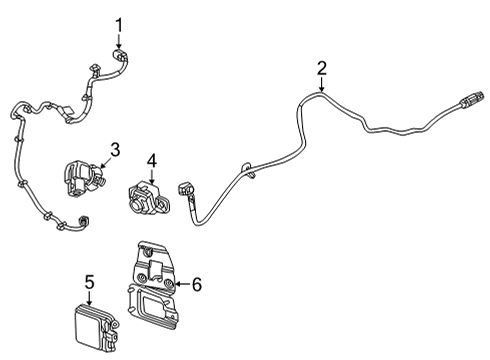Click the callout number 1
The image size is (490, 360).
pyautogui.click(x=119, y=23)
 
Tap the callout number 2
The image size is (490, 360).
pyautogui.click(x=321, y=68)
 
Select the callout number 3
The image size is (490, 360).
pyautogui.click(x=115, y=150)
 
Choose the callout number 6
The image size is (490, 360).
pyautogui.click(x=196, y=285)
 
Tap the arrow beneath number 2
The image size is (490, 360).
pyautogui.click(x=321, y=84)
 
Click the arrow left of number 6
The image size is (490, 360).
pyautogui.click(x=178, y=285)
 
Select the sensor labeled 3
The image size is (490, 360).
pyautogui.click(x=79, y=174)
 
